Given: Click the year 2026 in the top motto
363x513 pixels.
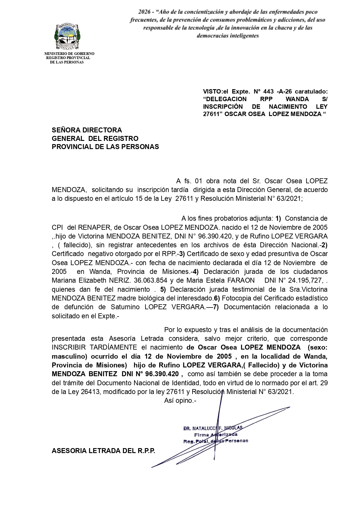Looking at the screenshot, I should click(144, 12).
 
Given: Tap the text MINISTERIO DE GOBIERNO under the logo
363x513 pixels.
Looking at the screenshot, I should click(69, 54).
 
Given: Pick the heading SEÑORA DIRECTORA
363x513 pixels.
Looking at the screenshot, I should click(87, 130).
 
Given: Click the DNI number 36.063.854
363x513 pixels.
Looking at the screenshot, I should click(150, 280).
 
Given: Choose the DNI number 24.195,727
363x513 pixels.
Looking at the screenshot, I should click(307, 280).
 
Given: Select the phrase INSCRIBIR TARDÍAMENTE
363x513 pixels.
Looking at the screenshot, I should click(94, 347).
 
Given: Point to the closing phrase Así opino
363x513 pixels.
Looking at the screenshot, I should click(180, 400).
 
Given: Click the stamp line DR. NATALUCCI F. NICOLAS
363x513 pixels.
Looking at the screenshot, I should click(213, 429).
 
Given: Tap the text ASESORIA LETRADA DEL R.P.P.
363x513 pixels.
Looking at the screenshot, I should click(103, 450).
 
